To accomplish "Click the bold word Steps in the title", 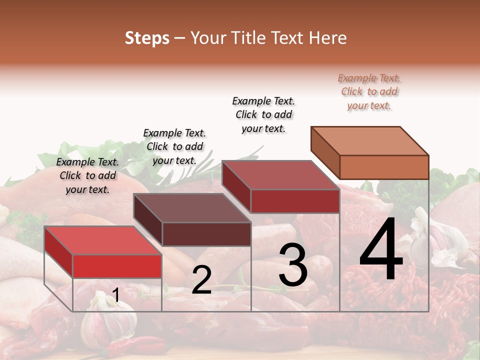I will [146, 38].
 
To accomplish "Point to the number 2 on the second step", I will [201, 280].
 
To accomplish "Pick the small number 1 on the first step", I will [116, 295].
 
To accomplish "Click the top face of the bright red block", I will [102, 240].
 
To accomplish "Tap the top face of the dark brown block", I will [192, 208].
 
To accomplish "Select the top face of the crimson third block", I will [281, 175].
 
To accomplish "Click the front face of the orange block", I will [384, 167].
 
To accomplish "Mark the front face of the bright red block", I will [117, 266].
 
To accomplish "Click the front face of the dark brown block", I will [206, 234].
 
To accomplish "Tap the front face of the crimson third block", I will [295, 201].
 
